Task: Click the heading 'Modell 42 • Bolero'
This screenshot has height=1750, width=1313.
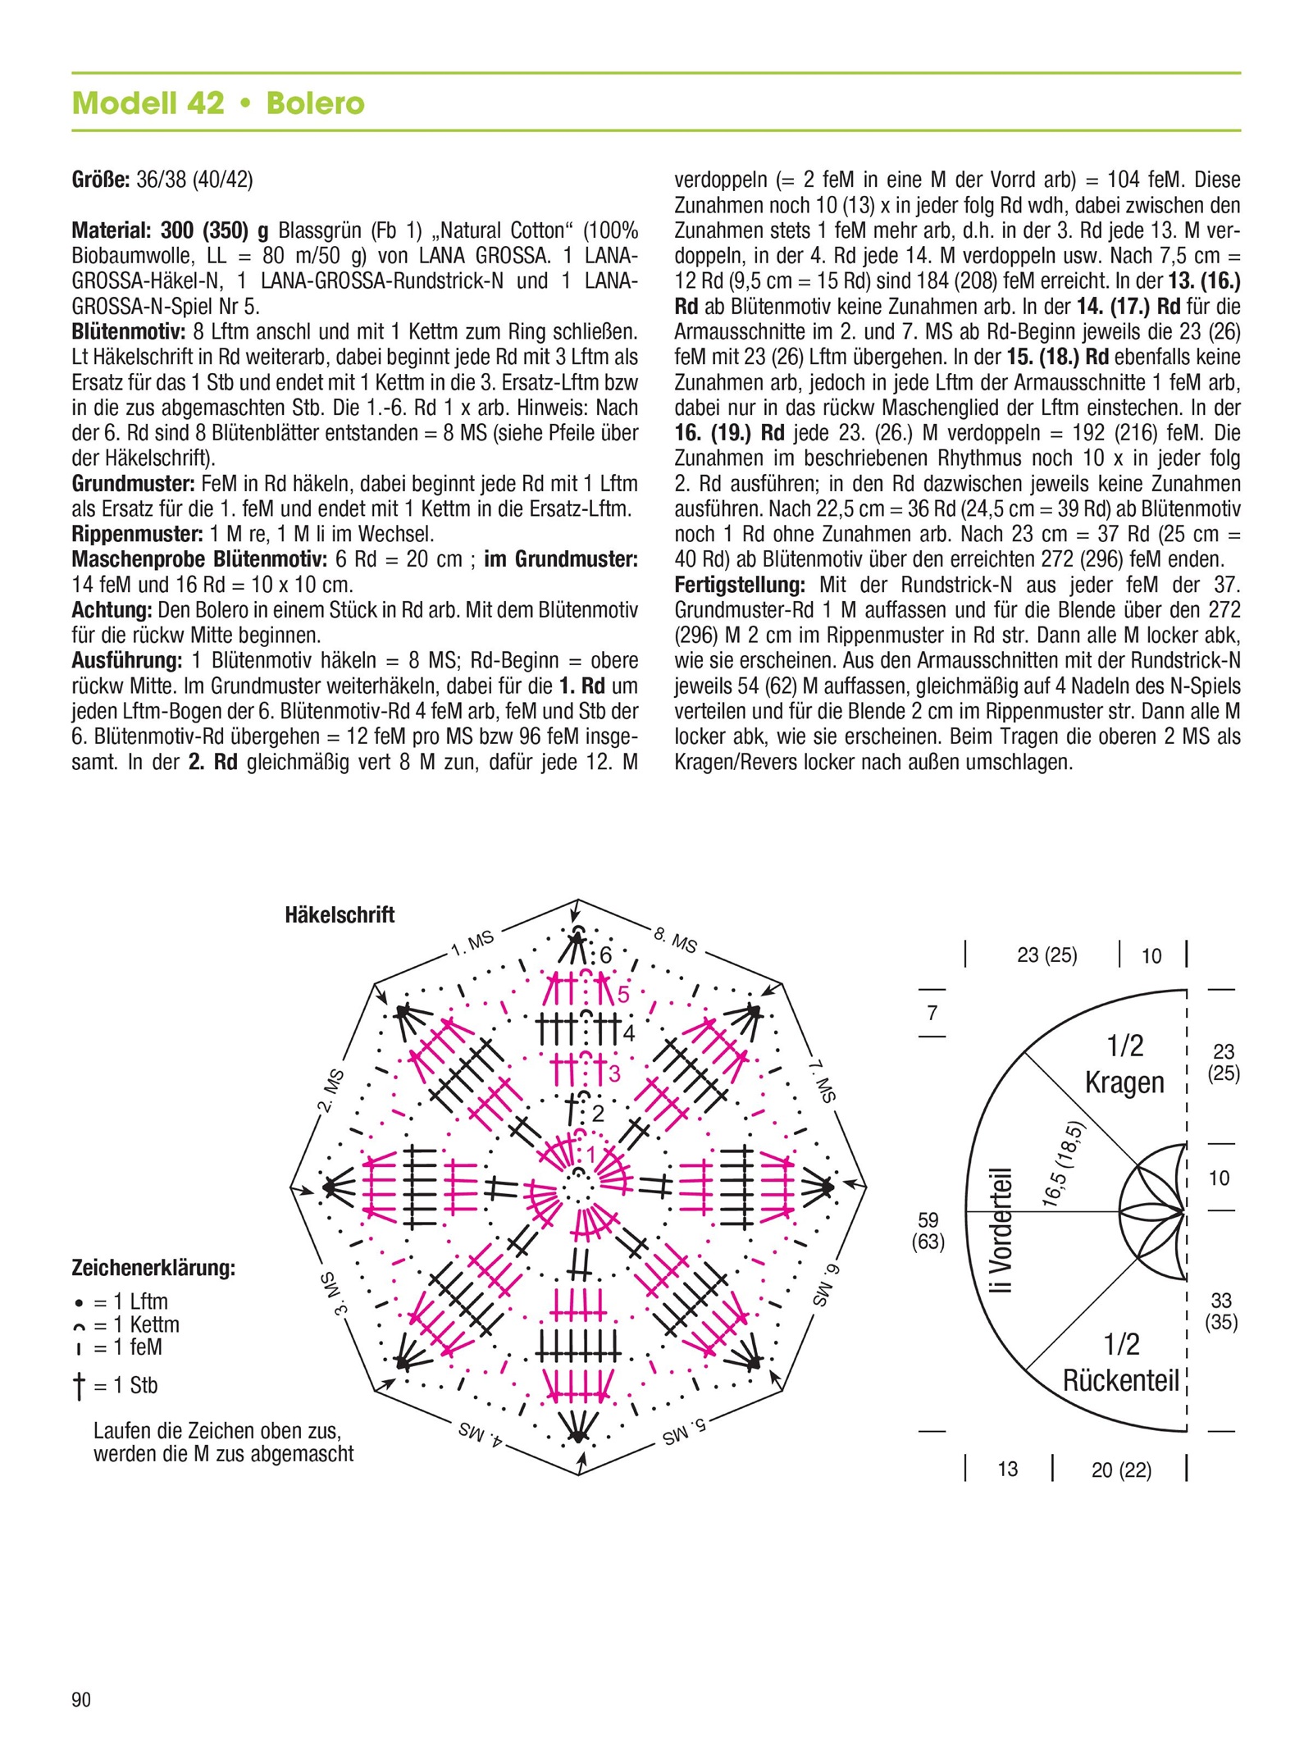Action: pos(218,103)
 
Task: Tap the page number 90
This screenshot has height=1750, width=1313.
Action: pos(81,1698)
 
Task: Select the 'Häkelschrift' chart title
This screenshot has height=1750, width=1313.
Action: pos(340,914)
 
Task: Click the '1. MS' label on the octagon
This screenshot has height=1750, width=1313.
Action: pos(473,944)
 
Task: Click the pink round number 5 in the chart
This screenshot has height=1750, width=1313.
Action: pos(623,995)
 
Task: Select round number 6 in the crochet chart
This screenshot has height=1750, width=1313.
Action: pos(606,955)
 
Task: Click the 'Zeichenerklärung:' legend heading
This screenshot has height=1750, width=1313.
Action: pos(153,1268)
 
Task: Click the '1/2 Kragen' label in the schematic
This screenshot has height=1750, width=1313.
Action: pos(1124,1064)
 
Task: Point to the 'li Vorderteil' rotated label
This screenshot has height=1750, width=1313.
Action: pos(1001,1231)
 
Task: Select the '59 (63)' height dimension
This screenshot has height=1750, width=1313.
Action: pos(928,1231)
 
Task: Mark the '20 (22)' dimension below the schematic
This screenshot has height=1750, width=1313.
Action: pos(1121,1470)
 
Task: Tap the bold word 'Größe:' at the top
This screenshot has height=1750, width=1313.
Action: pos(101,180)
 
